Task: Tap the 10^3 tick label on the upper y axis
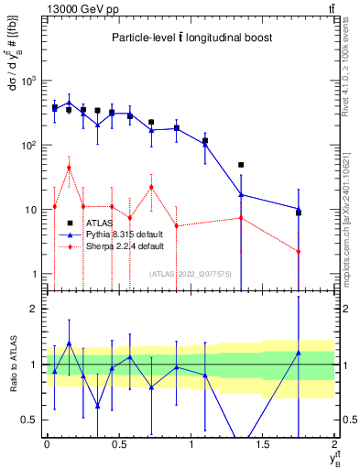[28, 81]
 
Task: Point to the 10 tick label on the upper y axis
[30, 210]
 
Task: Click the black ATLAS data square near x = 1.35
[241, 165]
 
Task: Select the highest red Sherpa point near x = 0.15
[69, 168]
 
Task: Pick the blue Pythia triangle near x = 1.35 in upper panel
[241, 194]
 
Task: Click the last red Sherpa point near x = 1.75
[299, 252]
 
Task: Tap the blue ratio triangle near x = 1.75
[299, 353]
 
